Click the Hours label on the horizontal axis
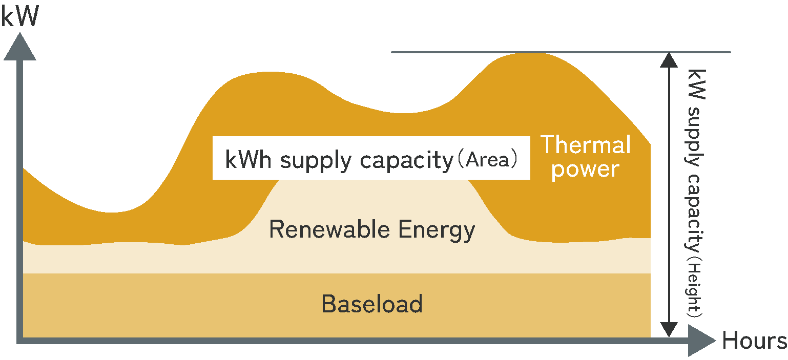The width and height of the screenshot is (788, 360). pyautogui.click(x=754, y=341)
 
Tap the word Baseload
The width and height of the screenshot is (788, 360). pyautogui.click(x=372, y=304)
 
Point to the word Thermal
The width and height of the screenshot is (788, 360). pyautogui.click(x=586, y=145)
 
